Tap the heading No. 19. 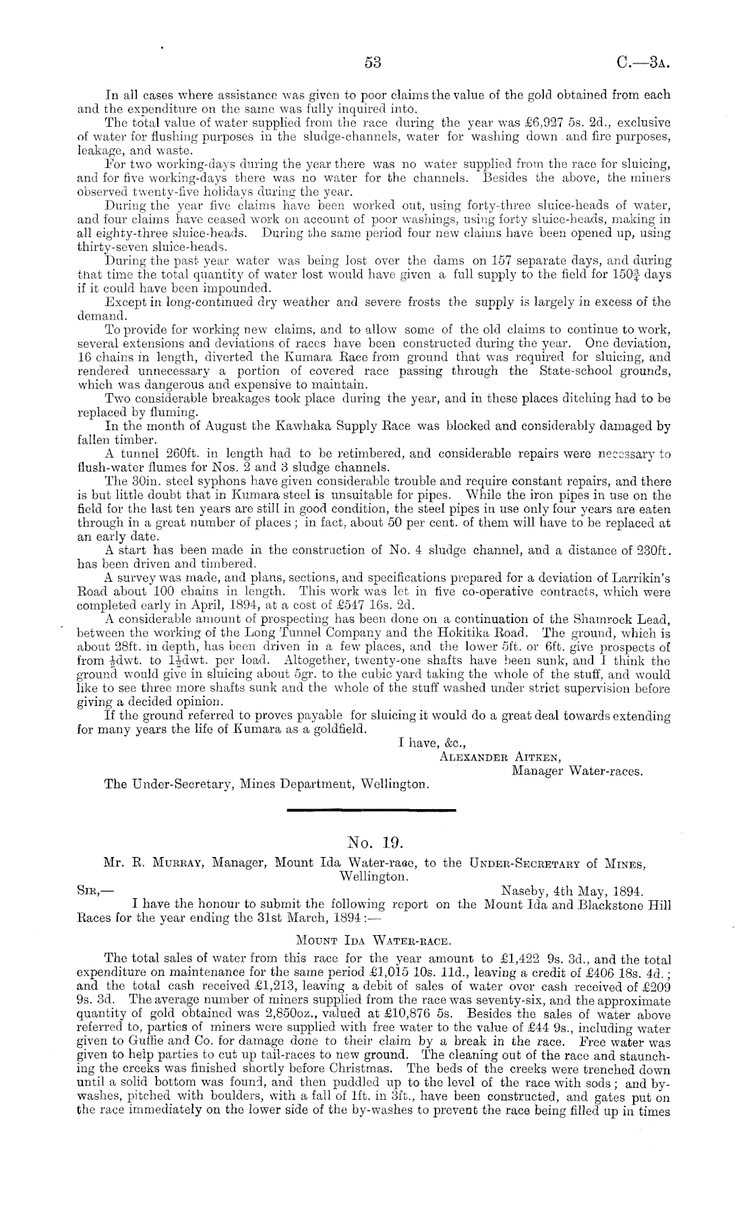tap(375, 842)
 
